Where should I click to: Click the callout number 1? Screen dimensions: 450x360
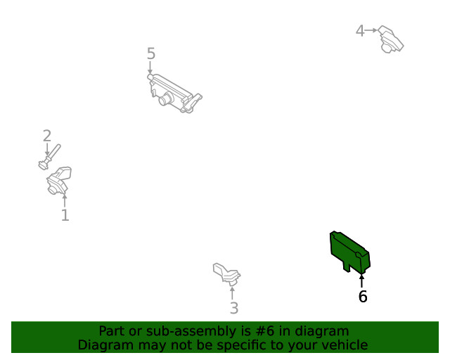click(x=65, y=215)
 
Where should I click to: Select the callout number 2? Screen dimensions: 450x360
click(x=47, y=136)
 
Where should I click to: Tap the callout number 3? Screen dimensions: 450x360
click(x=234, y=308)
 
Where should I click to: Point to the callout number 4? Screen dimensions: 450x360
click(x=360, y=31)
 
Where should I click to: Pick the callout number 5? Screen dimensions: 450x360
click(x=151, y=53)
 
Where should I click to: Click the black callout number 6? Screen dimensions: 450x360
click(x=363, y=296)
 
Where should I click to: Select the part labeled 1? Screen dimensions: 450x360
click(x=59, y=180)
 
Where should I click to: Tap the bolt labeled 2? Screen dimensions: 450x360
click(x=50, y=157)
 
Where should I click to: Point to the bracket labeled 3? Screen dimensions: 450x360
click(x=226, y=274)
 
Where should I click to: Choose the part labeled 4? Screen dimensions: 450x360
click(x=391, y=39)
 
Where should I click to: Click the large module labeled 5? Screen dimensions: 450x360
click(x=174, y=94)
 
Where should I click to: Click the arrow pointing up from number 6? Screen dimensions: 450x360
click(x=361, y=281)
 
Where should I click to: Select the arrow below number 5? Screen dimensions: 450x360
click(x=150, y=67)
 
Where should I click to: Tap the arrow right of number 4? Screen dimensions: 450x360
click(x=371, y=30)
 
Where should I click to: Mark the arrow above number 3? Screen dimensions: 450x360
click(x=232, y=292)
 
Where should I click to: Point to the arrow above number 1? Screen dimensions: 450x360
click(x=65, y=200)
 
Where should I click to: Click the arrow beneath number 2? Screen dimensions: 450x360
click(x=47, y=150)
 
